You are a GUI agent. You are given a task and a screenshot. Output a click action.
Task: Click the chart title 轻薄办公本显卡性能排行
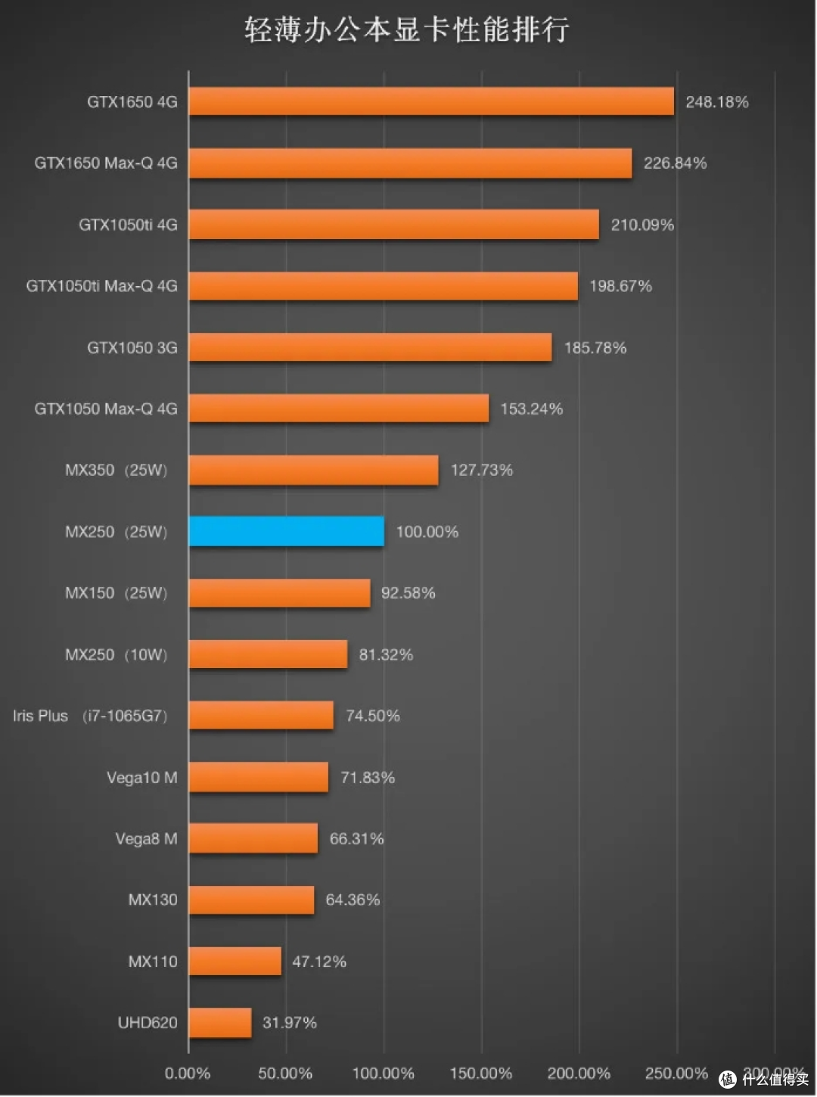coord(406,30)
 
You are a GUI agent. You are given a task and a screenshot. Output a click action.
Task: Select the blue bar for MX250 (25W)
coord(287,531)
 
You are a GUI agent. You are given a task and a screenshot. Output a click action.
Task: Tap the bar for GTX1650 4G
coord(431,101)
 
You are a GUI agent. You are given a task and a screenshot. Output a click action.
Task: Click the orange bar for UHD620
coord(220,1022)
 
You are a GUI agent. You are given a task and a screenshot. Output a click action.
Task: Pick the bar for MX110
coord(235,961)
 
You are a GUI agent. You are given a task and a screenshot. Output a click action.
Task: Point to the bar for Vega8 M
coord(253,838)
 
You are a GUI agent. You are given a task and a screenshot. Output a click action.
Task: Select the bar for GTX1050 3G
coord(371,347)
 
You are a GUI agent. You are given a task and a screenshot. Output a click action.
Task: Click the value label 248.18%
coord(716,102)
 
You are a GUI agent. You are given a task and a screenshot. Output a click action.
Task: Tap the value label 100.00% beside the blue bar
coord(427,532)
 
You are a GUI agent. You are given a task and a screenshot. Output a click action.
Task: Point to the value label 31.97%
coord(289,1022)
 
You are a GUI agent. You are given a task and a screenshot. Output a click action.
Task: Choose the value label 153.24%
coord(532,409)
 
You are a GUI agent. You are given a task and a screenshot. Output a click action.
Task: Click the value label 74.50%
coord(373,715)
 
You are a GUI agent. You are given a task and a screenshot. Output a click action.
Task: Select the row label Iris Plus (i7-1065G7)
coord(90,716)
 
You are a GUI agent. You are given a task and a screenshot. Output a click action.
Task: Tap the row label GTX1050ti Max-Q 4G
coord(102,286)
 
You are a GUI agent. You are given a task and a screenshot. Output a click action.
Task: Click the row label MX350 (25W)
coord(116,470)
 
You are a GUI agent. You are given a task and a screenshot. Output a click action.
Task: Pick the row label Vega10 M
coord(142,778)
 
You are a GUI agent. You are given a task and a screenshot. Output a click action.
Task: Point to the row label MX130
coord(153,900)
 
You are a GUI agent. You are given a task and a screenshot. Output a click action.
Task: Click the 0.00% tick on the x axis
coord(188,1074)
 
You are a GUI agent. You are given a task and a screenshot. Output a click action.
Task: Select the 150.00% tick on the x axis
coord(480,1074)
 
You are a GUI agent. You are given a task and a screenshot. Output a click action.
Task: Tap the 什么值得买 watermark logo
coord(765,1079)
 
